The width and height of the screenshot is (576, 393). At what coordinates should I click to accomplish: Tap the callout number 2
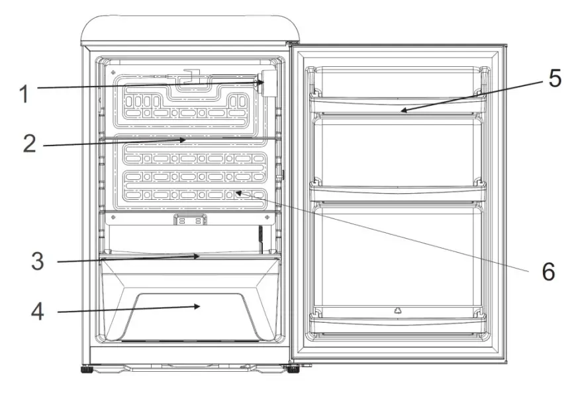tap(28, 145)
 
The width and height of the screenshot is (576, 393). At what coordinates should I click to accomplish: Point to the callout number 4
tap(38, 312)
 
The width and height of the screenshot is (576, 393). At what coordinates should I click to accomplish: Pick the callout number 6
tap(548, 271)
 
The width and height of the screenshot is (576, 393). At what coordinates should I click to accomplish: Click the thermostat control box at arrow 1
tap(269, 85)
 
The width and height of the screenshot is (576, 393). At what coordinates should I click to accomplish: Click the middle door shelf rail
tap(398, 191)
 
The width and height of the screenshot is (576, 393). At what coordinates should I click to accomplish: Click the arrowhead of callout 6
tap(235, 193)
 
